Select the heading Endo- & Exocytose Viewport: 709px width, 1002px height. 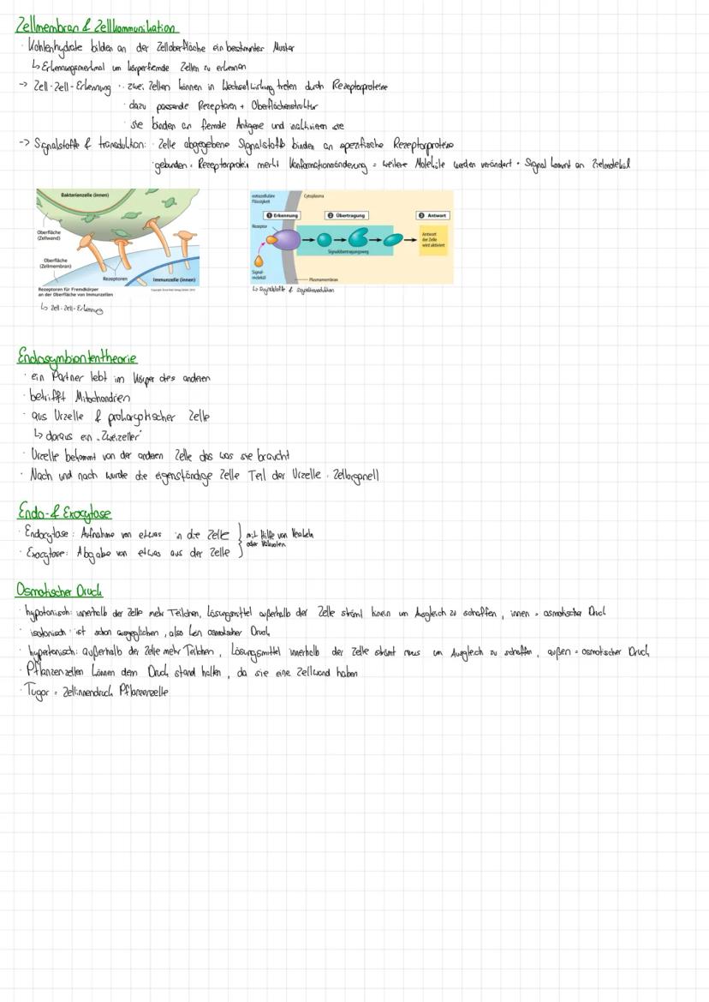click(x=64, y=513)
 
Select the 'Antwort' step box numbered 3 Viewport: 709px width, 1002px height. click(x=433, y=215)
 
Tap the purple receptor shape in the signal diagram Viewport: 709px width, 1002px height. click(x=283, y=240)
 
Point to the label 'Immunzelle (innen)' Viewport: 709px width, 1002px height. click(x=176, y=279)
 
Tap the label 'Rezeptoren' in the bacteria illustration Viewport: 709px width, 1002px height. click(x=116, y=279)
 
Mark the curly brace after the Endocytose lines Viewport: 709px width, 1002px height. click(x=239, y=543)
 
